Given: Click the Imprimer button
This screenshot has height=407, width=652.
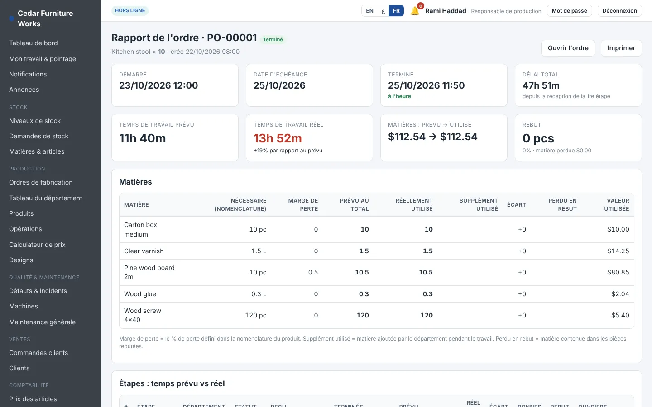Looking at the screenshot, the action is [621, 48].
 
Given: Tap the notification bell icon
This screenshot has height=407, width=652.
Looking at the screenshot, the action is [415, 11].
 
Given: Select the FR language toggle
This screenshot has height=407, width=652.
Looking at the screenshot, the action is [396, 11].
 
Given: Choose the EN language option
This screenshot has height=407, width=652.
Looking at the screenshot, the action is [369, 11].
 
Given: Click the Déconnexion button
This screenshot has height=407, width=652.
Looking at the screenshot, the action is [619, 11].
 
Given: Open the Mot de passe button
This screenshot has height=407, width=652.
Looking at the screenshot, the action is [569, 11].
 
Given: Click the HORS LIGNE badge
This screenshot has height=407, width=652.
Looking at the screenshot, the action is [130, 10].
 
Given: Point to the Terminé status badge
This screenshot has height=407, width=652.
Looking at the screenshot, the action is [273, 39].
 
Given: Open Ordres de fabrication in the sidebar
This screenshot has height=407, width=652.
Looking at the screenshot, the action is [41, 182].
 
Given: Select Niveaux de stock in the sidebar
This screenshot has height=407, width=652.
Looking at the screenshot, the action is [34, 121].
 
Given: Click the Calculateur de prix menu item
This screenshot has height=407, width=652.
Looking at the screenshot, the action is [37, 245].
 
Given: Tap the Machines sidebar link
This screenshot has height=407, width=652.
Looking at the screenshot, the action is [23, 306].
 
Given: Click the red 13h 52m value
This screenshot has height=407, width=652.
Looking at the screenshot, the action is [278, 138].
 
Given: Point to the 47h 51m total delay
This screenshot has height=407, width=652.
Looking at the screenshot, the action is [541, 85].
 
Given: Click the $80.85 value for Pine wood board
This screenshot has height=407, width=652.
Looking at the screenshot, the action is [618, 272].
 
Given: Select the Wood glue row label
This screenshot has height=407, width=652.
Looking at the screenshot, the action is [140, 294].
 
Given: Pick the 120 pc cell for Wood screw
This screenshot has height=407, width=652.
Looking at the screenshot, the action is [255, 315].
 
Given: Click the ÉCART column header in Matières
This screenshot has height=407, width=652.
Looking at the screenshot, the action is [516, 205].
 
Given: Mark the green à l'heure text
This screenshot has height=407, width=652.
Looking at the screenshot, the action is [399, 96].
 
